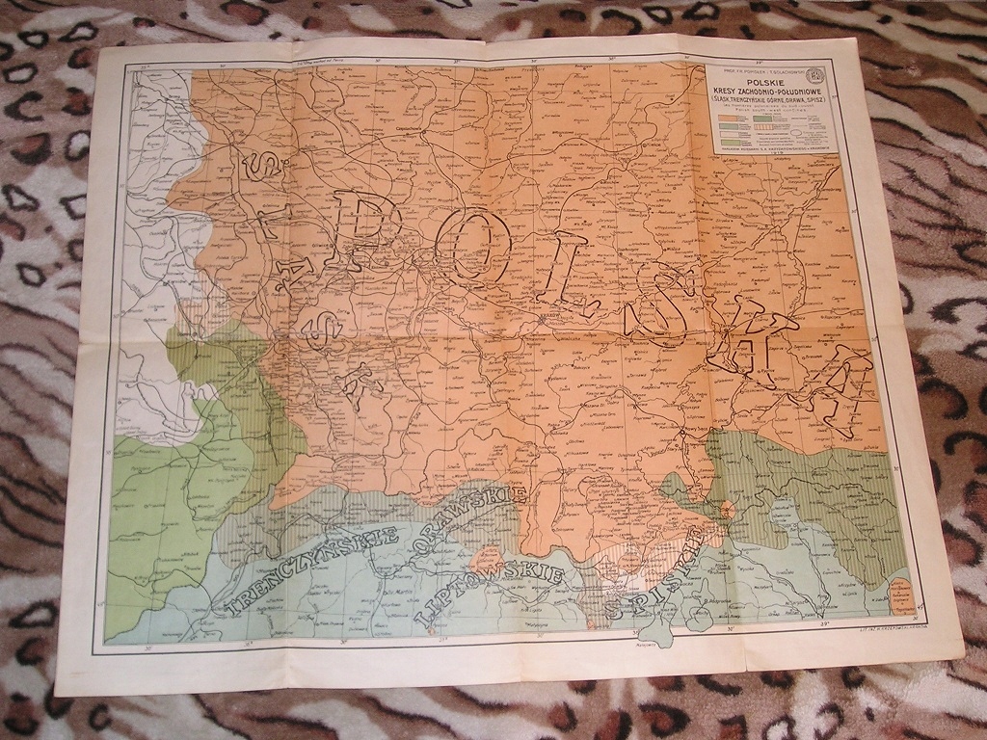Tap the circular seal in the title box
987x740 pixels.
pyautogui.click(x=815, y=71)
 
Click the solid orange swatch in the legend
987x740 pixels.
pyautogui.click(x=730, y=119)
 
